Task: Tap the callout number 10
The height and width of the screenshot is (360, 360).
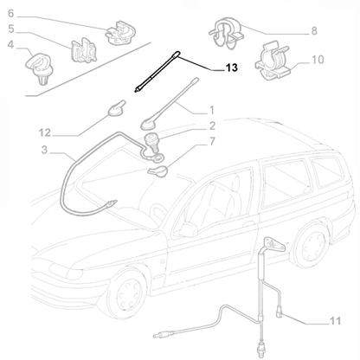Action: pos(317,61)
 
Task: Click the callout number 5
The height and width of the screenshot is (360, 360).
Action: pos(12,29)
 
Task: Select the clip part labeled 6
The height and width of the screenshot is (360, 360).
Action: pos(115,35)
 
